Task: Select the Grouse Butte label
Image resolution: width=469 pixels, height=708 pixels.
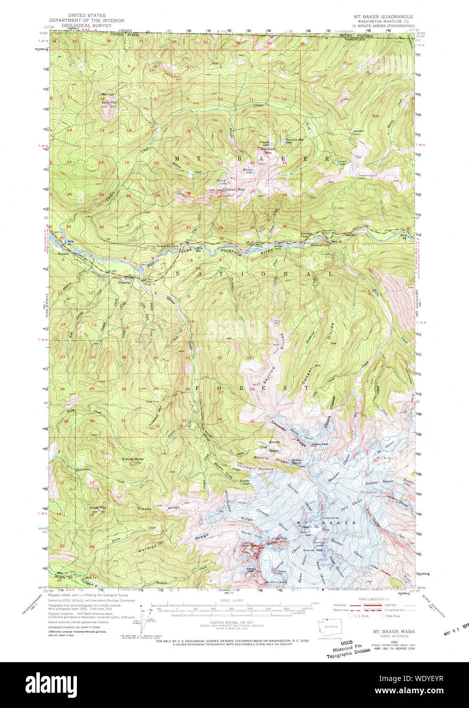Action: click(x=134, y=459)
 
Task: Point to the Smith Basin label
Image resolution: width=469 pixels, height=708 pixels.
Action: click(x=274, y=446)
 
